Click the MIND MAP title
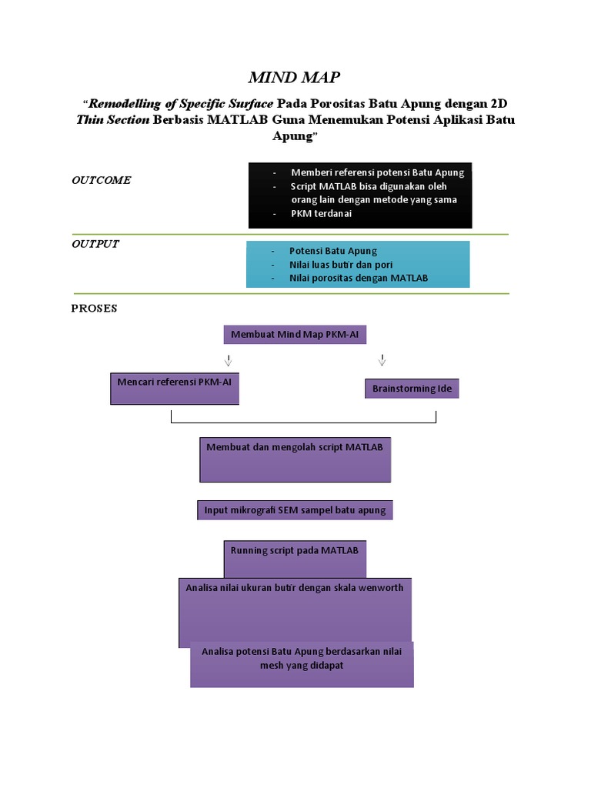click(293, 77)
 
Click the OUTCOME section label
click(101, 180)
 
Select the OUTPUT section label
click(95, 244)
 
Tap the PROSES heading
click(94, 309)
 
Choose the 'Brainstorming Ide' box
click(412, 389)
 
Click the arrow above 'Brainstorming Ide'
click(382, 360)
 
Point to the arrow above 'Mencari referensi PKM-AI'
click(228, 360)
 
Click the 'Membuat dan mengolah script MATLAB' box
click(295, 459)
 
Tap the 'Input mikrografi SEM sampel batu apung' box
click(295, 510)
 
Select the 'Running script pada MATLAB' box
click(295, 559)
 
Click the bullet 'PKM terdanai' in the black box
click(321, 214)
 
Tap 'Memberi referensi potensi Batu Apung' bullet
click(377, 172)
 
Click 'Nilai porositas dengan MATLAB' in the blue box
click(359, 278)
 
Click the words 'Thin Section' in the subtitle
click(112, 120)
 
